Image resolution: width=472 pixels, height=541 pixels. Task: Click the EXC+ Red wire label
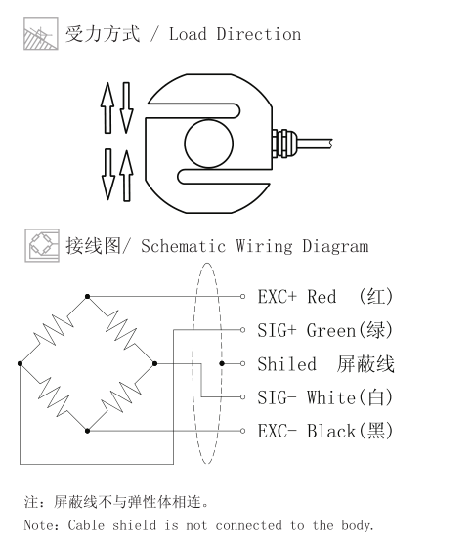tap(325, 296)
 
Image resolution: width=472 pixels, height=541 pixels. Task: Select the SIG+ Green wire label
tap(325, 330)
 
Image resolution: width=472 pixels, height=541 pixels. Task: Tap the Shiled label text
tap(287, 364)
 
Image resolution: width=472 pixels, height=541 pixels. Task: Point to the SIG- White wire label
tap(325, 397)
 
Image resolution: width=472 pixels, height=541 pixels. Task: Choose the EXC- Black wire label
tap(325, 431)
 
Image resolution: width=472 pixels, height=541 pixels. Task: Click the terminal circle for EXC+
tap(242, 296)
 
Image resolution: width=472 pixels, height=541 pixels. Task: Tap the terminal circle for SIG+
tap(242, 330)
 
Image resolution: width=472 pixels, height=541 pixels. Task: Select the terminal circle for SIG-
tap(242, 397)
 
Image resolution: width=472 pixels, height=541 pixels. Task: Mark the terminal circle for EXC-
tap(242, 431)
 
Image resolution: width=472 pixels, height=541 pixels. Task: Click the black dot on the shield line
tap(222, 363)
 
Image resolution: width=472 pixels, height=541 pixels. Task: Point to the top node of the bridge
tap(87, 296)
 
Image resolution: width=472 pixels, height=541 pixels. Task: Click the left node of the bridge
tap(20, 363)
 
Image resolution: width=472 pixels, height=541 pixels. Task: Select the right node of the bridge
tap(154, 363)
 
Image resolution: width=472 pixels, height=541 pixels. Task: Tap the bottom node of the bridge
tap(87, 431)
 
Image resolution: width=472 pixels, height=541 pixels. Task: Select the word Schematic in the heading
tap(184, 246)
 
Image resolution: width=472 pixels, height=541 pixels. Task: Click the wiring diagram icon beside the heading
tap(42, 245)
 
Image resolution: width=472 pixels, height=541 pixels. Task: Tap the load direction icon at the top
tap(41, 33)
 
